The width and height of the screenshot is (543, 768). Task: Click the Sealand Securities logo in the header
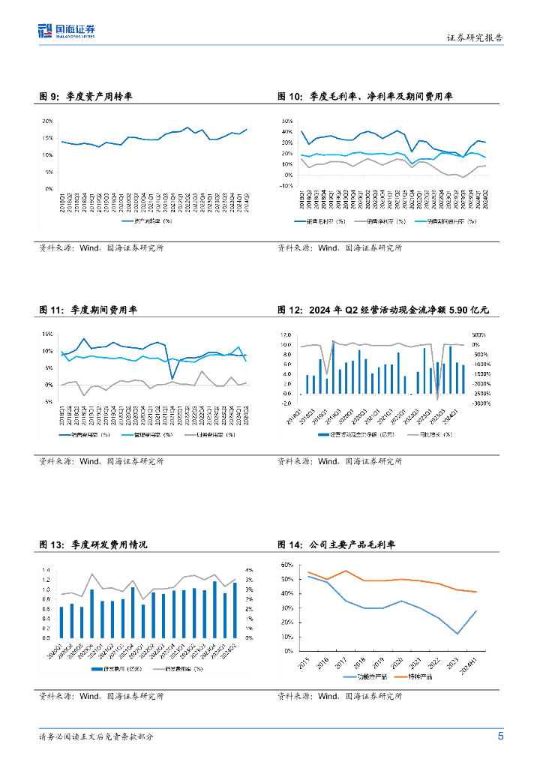click(67, 31)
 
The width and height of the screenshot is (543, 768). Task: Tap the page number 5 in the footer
click(500, 736)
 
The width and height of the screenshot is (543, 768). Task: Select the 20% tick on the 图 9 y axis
click(46, 121)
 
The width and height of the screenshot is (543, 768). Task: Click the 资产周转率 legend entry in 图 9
click(147, 221)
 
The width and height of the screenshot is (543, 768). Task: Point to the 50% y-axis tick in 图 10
click(286, 121)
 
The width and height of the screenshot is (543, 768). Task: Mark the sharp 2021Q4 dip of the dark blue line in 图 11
click(172, 379)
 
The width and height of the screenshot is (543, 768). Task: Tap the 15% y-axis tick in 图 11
click(46, 334)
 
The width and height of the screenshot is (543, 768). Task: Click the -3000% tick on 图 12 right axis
click(481, 403)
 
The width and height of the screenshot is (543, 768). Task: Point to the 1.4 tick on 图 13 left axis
click(45, 571)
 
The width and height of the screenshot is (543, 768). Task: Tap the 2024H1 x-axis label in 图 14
click(470, 664)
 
